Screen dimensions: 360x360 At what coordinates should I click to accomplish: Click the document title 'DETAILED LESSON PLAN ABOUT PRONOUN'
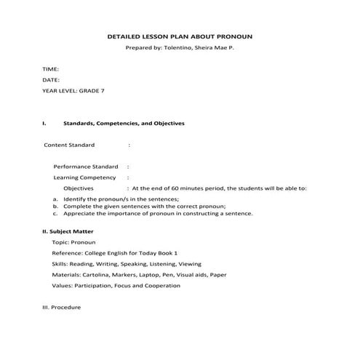pos(180,35)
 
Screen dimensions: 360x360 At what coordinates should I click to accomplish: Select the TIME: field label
pos(50,69)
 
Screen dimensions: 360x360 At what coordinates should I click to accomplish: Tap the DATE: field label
pos(50,80)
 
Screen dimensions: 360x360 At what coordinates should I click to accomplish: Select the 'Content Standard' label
pos(70,145)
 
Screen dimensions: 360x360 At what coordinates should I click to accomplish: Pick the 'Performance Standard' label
pos(86,167)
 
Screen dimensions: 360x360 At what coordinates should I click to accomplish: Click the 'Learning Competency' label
pos(84,177)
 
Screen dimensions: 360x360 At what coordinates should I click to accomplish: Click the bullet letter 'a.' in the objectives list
pos(56,199)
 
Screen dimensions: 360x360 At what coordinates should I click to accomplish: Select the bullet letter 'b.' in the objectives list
pos(56,206)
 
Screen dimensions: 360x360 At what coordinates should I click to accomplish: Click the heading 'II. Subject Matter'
pos(68,231)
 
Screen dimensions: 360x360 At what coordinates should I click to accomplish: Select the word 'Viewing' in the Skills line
pos(190,263)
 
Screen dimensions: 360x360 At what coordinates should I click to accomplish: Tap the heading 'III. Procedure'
pos(62,308)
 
